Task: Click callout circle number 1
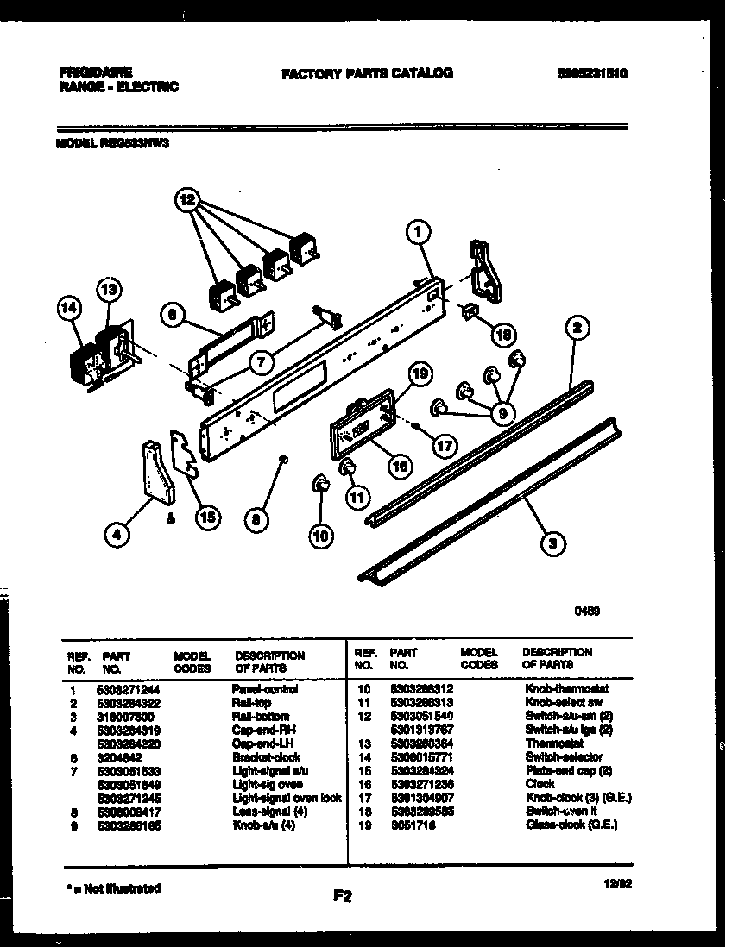(x=417, y=231)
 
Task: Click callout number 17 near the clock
(x=444, y=446)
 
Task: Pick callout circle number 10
(x=320, y=536)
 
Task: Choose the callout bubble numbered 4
(x=116, y=536)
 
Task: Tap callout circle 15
(x=206, y=517)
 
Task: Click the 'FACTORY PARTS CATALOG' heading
(x=367, y=74)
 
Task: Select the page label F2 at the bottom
(x=343, y=896)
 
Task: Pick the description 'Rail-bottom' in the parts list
(x=260, y=717)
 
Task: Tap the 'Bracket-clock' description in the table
(x=266, y=757)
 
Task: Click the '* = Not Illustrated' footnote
(x=113, y=887)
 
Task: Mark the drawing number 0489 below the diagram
(x=588, y=611)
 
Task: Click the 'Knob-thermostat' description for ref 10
(x=566, y=690)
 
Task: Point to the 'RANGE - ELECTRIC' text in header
(x=119, y=87)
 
